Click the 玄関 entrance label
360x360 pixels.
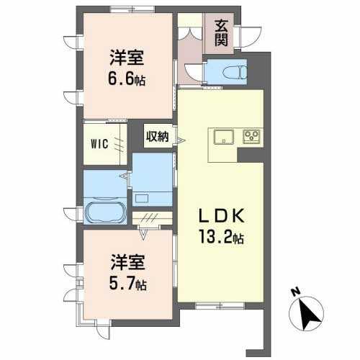[221, 33]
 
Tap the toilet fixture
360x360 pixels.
[235, 72]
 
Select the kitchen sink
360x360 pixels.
[224, 137]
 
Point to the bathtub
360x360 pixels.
[106, 212]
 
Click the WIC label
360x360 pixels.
[99, 144]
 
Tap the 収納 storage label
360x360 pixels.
[158, 137]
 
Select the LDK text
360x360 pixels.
[222, 216]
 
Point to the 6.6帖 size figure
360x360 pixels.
[127, 79]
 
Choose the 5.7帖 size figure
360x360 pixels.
[127, 284]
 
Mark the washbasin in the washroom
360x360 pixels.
[142, 199]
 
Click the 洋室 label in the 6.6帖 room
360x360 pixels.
[127, 58]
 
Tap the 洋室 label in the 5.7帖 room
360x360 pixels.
[127, 263]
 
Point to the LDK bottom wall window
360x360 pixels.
[220, 305]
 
